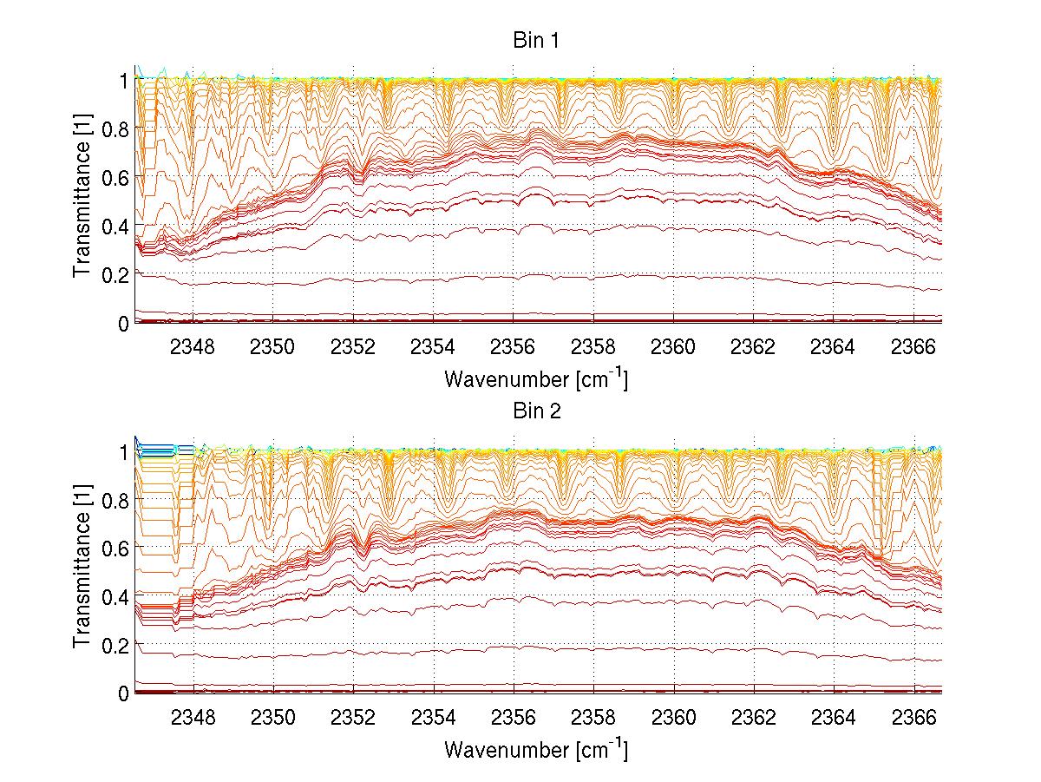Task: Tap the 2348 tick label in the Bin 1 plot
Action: click(x=193, y=346)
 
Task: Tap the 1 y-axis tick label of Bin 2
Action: click(x=124, y=450)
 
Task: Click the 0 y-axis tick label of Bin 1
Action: click(x=124, y=323)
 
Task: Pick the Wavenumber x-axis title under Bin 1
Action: click(x=536, y=378)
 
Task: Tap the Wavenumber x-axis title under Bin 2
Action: click(x=536, y=749)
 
